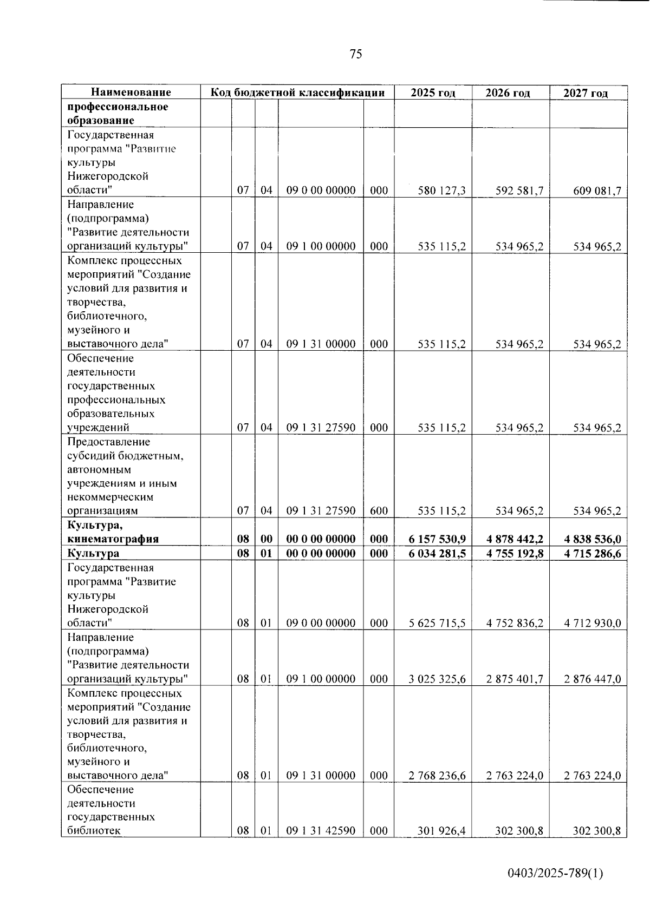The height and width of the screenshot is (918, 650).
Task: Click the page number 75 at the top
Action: click(x=356, y=54)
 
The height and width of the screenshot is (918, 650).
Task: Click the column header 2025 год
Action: click(x=433, y=93)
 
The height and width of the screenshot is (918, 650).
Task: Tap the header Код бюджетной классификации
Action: click(x=297, y=93)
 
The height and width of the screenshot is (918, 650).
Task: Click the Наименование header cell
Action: click(x=131, y=93)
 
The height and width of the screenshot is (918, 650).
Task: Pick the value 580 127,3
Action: click(x=441, y=191)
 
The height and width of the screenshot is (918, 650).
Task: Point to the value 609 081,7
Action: click(x=597, y=191)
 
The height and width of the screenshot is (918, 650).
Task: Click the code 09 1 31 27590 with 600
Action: click(x=321, y=510)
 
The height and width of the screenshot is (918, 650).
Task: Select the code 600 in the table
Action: click(x=379, y=510)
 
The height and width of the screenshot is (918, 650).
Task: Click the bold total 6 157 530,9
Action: click(x=437, y=539)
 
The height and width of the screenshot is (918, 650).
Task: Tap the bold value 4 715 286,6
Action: click(x=592, y=553)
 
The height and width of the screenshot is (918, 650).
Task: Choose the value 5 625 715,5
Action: click(x=437, y=623)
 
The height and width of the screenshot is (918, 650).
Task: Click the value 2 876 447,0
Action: click(x=592, y=679)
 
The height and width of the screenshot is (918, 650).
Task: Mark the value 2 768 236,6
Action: click(x=437, y=776)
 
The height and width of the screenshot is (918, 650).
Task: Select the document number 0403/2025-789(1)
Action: click(x=555, y=873)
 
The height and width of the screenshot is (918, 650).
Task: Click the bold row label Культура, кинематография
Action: click(x=113, y=532)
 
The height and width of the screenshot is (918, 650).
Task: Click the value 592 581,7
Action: click(x=519, y=191)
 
